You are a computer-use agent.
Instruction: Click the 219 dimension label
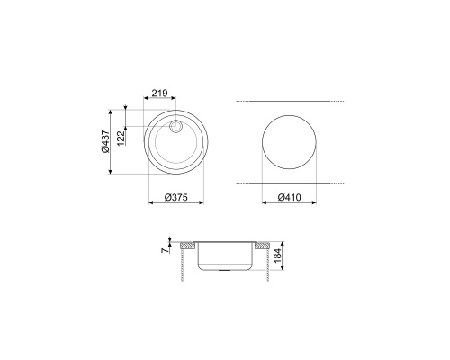pyautogui.click(x=159, y=94)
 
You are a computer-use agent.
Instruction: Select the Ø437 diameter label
pyautogui.click(x=105, y=141)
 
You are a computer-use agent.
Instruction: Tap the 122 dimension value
pyautogui.click(x=121, y=139)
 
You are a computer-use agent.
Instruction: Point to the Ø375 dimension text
pyautogui.click(x=176, y=197)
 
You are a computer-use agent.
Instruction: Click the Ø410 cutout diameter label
pyautogui.click(x=289, y=197)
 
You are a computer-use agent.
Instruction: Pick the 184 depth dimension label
pyautogui.click(x=278, y=256)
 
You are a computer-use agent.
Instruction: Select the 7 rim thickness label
pyautogui.click(x=165, y=250)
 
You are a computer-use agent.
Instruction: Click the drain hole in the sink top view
pyautogui.click(x=175, y=126)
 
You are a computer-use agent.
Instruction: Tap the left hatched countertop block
pyautogui.click(x=188, y=246)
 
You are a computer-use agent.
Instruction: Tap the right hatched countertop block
pyautogui.click(x=263, y=246)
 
